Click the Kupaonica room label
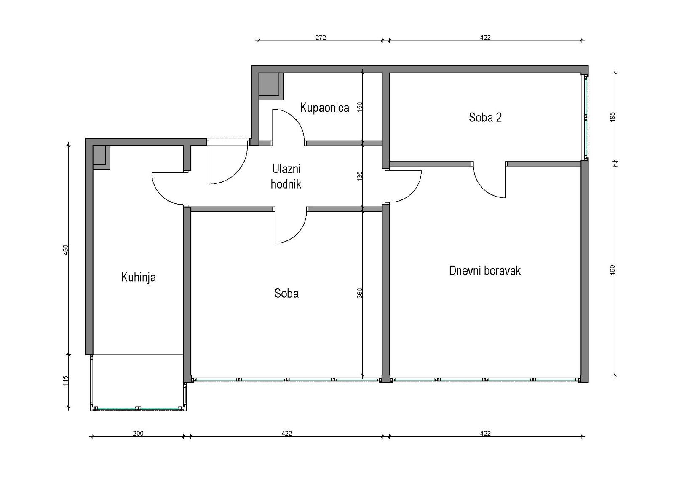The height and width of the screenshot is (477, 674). (325, 108)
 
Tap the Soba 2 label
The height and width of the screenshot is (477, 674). (485, 118)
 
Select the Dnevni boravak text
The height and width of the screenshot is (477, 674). (485, 271)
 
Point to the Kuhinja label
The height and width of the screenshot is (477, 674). (139, 277)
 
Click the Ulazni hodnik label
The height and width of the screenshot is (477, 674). (286, 177)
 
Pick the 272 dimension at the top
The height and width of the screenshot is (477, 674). (321, 38)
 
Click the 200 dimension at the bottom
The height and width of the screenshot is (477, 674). (138, 433)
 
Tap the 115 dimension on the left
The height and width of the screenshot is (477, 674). (66, 380)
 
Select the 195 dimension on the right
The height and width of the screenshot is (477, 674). (612, 117)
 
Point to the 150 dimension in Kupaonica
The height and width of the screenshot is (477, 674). (360, 107)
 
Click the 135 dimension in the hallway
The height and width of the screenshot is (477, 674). (360, 176)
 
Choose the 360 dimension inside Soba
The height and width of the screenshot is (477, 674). (360, 293)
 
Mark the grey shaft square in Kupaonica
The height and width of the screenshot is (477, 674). (271, 86)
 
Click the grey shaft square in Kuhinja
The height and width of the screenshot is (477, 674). (102, 157)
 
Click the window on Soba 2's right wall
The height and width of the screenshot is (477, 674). (586, 117)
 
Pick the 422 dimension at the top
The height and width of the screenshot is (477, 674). (485, 38)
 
